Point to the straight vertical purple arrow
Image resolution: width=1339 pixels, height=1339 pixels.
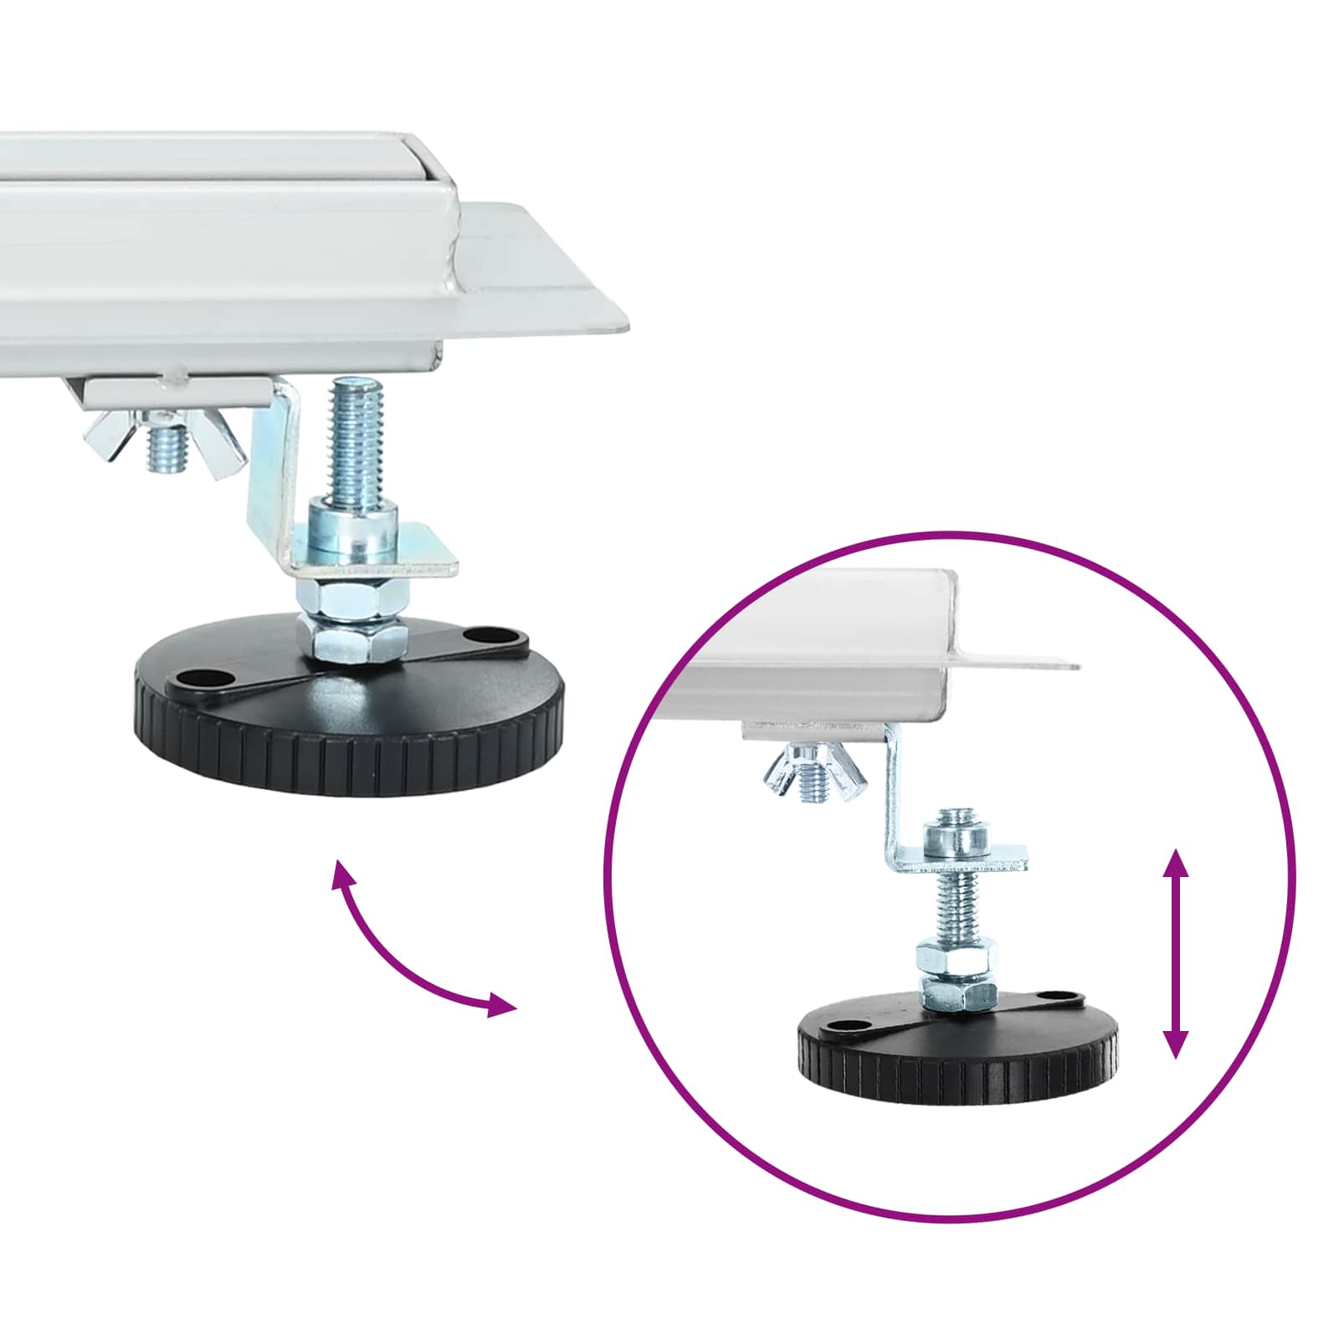(1176, 953)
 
